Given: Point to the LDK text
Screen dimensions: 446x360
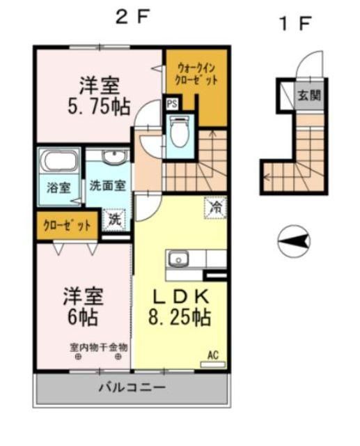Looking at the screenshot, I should [x=180, y=297].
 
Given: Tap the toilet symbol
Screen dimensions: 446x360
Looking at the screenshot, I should [x=179, y=132].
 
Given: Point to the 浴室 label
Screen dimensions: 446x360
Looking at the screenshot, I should [x=58, y=187].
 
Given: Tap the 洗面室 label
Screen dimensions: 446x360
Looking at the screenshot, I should [x=107, y=186].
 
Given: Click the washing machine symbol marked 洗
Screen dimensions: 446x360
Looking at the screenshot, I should [x=114, y=219].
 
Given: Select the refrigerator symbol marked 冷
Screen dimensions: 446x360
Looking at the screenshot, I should [x=215, y=208].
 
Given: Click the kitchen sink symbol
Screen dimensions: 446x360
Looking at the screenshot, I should [x=178, y=260].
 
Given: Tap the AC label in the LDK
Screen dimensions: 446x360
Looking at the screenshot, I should [x=213, y=356].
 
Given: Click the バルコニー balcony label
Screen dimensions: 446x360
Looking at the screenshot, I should [x=132, y=387].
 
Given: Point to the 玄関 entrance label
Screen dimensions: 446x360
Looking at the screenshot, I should [x=309, y=95].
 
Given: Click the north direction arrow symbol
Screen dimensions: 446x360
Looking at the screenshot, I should [x=293, y=242].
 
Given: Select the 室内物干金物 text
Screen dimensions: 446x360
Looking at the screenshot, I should [x=97, y=346].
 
